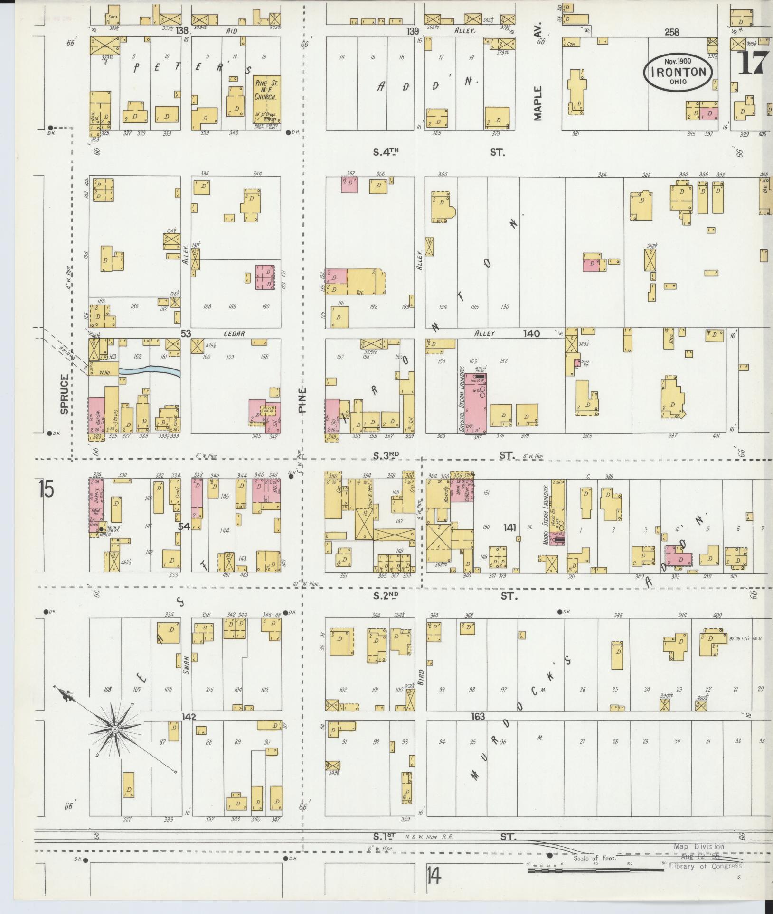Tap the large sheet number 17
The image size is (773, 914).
(753, 63)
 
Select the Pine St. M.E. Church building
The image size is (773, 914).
(266, 99)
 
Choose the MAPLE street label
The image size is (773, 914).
(538, 103)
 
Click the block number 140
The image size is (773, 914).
(531, 333)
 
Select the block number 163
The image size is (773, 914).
(478, 716)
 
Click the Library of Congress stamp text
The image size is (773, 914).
(705, 867)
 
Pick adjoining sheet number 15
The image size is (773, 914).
(47, 489)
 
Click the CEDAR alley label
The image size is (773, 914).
(234, 334)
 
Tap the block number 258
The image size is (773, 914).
(672, 32)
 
